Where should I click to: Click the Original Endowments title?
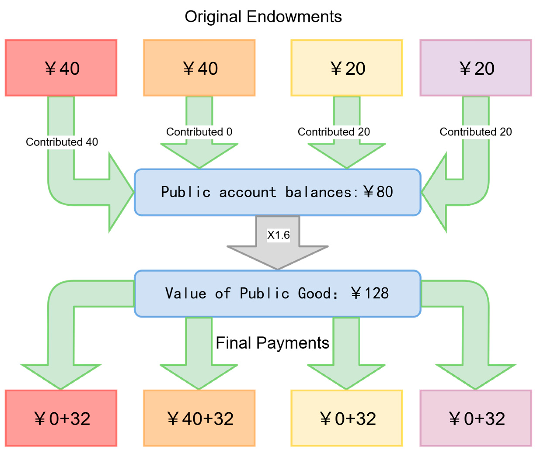[x=263, y=17]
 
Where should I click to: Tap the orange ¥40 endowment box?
[x=199, y=68]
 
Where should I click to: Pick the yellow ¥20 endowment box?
[x=347, y=68]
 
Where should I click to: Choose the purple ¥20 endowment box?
[x=476, y=68]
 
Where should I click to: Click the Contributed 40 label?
[x=62, y=142]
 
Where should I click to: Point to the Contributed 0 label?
[x=199, y=132]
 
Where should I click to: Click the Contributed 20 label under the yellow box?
[x=334, y=132]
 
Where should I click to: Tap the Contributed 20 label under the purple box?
[x=476, y=132]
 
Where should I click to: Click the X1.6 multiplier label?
[x=278, y=235]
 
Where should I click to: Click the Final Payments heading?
[x=272, y=343]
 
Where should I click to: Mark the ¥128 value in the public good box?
[x=370, y=293]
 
